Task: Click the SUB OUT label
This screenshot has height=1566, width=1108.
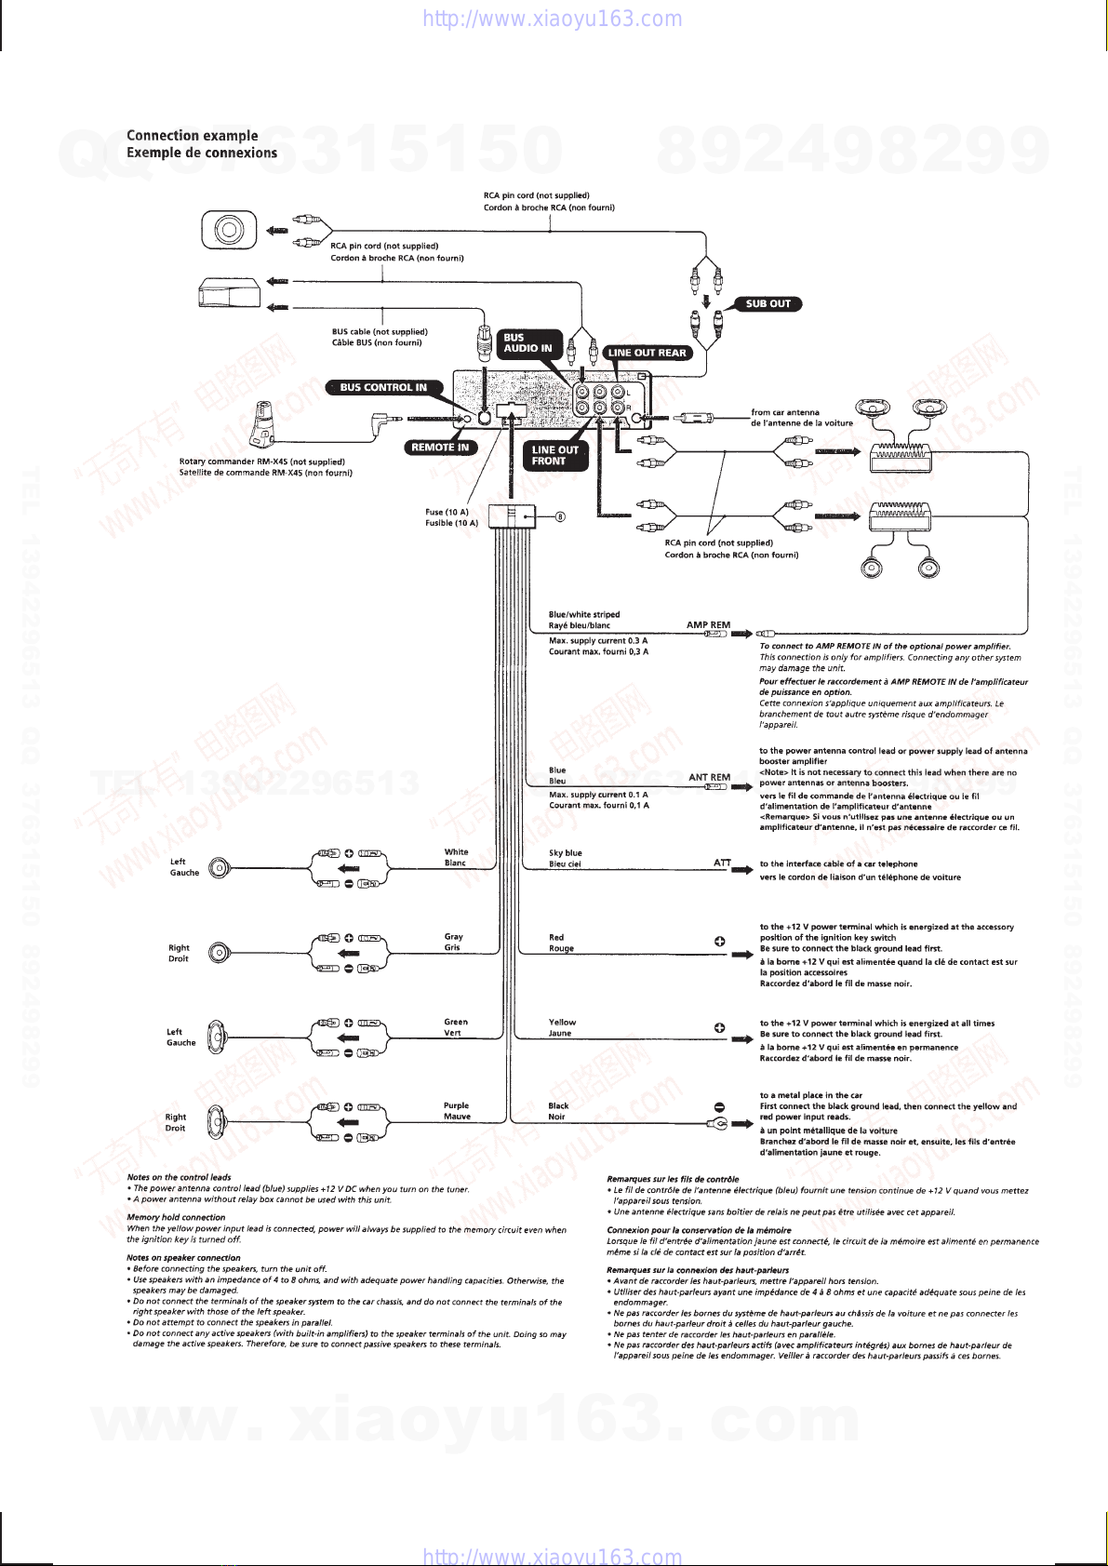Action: [768, 303]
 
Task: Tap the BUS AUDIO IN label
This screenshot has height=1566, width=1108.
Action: [527, 343]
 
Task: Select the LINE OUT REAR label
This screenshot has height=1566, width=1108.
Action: [647, 353]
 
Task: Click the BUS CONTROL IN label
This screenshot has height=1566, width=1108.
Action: [382, 387]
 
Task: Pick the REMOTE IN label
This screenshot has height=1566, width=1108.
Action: [440, 448]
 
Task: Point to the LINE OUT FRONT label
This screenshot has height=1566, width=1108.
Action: [555, 455]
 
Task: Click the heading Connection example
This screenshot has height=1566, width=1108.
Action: [193, 136]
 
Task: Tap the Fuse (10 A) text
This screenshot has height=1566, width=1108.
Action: [447, 512]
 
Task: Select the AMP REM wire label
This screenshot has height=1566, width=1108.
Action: [708, 625]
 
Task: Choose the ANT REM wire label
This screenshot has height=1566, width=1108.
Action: [709, 777]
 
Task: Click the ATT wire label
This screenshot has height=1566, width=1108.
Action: [722, 863]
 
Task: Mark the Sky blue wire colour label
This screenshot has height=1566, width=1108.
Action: [566, 852]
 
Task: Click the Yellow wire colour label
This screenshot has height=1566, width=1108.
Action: [562, 1022]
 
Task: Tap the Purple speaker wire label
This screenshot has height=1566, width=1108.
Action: [456, 1105]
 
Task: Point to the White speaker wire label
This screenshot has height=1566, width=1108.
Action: [456, 851]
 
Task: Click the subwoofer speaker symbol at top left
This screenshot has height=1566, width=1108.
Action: [229, 230]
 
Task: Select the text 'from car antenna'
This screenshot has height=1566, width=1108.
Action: [785, 412]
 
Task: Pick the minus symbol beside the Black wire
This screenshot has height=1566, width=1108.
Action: [719, 1106]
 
